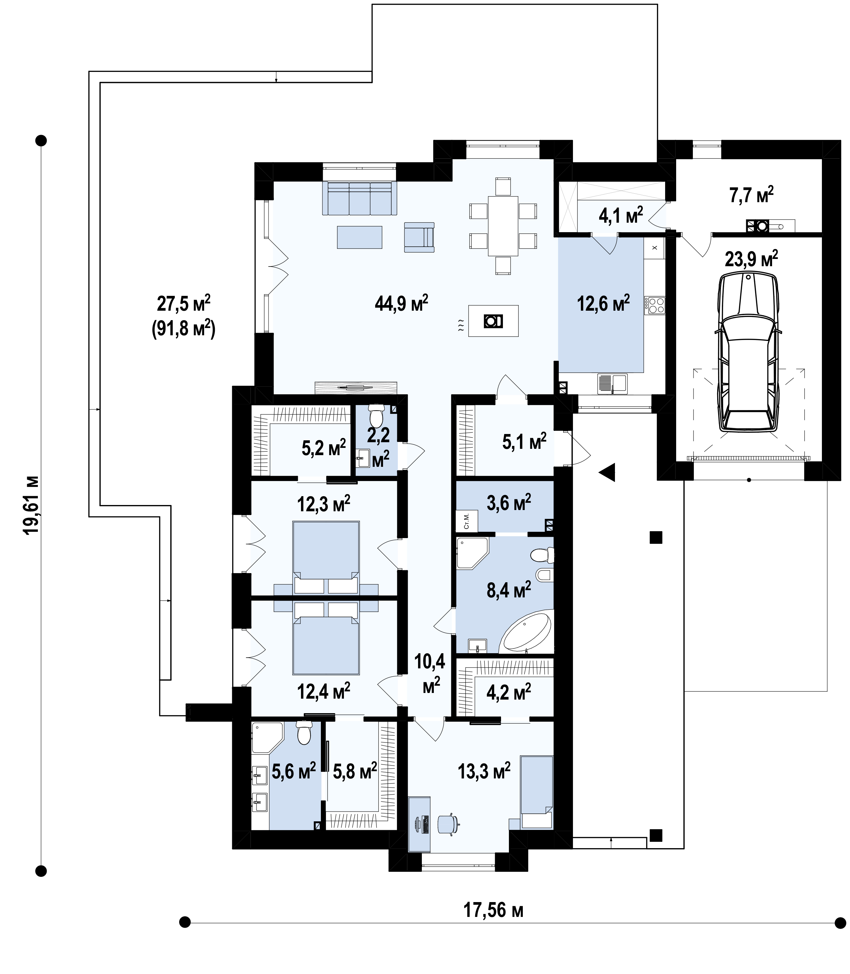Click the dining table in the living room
pyautogui.click(x=503, y=226)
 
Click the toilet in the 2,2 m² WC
pyautogui.click(x=377, y=415)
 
